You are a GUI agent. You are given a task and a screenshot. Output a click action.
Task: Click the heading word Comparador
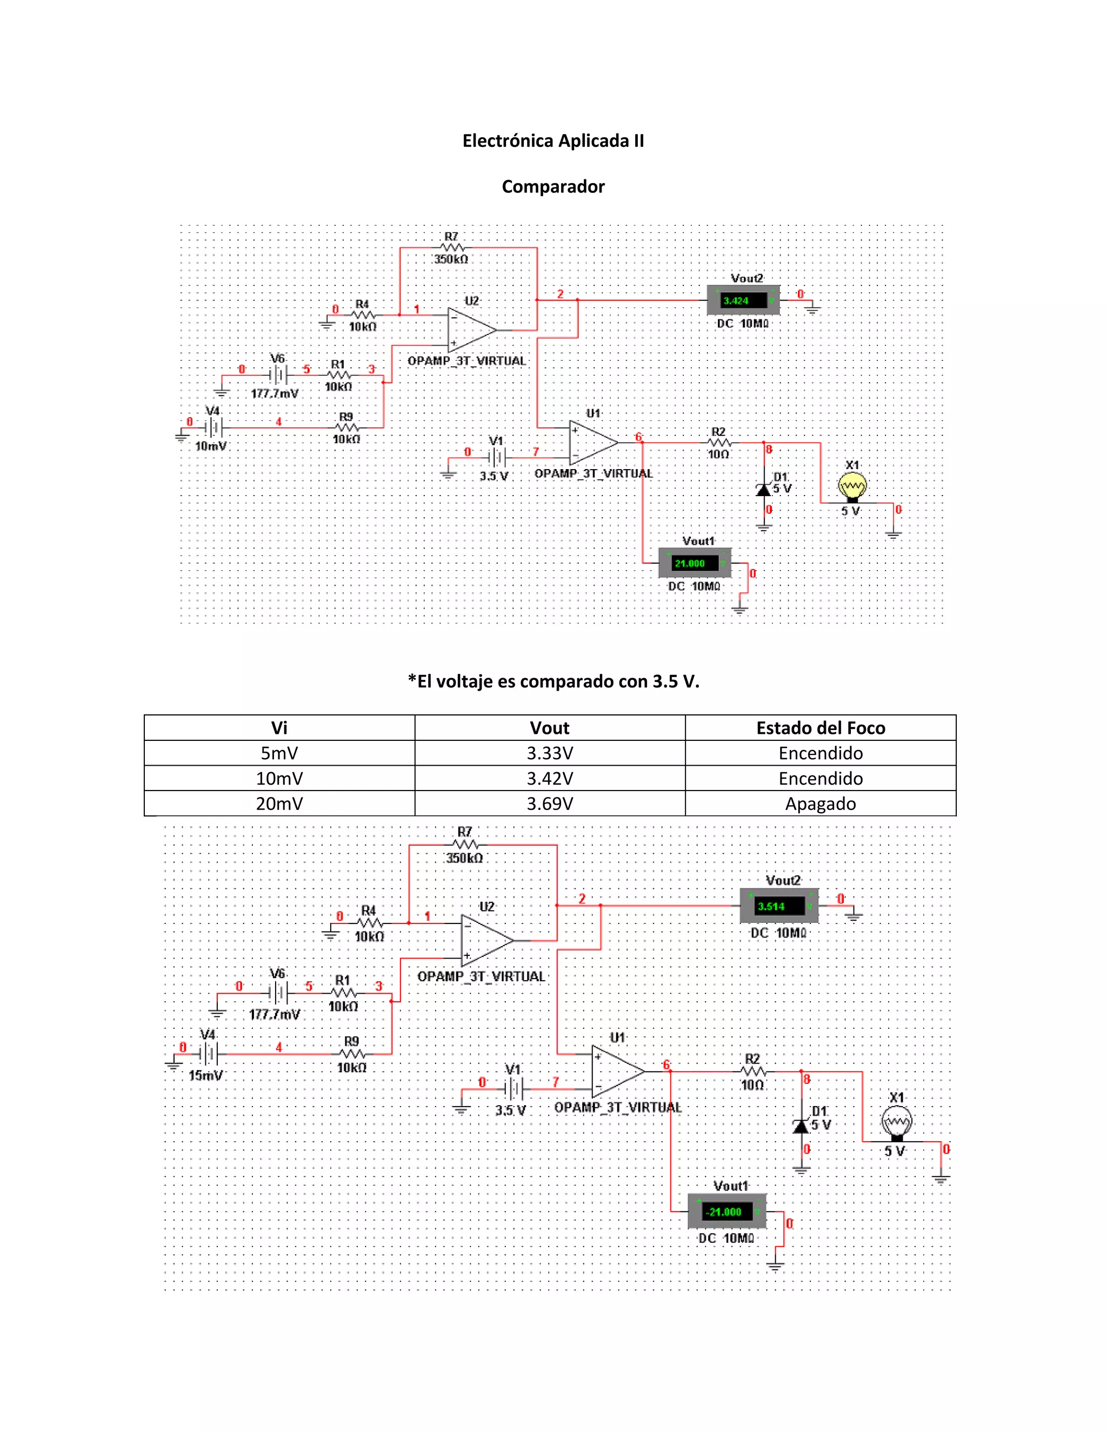tap(553, 187)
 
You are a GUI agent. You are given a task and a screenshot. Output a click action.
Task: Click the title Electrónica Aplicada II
tap(553, 141)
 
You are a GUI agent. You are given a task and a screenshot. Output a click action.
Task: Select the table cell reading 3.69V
tap(550, 804)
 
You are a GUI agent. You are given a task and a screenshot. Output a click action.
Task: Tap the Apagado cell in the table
tap(821, 804)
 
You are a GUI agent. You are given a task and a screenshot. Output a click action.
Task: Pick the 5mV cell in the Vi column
tap(279, 753)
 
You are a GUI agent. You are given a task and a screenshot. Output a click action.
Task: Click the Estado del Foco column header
tap(821, 728)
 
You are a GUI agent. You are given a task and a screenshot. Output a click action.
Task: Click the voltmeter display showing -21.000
tap(726, 1212)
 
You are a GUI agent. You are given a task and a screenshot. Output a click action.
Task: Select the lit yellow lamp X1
tap(852, 486)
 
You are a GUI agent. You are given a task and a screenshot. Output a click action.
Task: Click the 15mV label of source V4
tap(205, 1075)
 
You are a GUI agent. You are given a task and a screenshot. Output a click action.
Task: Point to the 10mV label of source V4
tap(210, 446)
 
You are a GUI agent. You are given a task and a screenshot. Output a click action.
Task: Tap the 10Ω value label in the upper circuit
tap(718, 454)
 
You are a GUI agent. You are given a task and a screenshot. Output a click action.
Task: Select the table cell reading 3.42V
tap(550, 778)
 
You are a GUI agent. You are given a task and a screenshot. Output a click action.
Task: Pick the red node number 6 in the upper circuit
tap(638, 437)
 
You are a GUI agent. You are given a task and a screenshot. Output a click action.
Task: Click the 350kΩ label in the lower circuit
tap(464, 858)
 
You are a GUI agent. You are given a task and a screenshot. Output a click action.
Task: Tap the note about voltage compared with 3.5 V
tap(553, 682)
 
